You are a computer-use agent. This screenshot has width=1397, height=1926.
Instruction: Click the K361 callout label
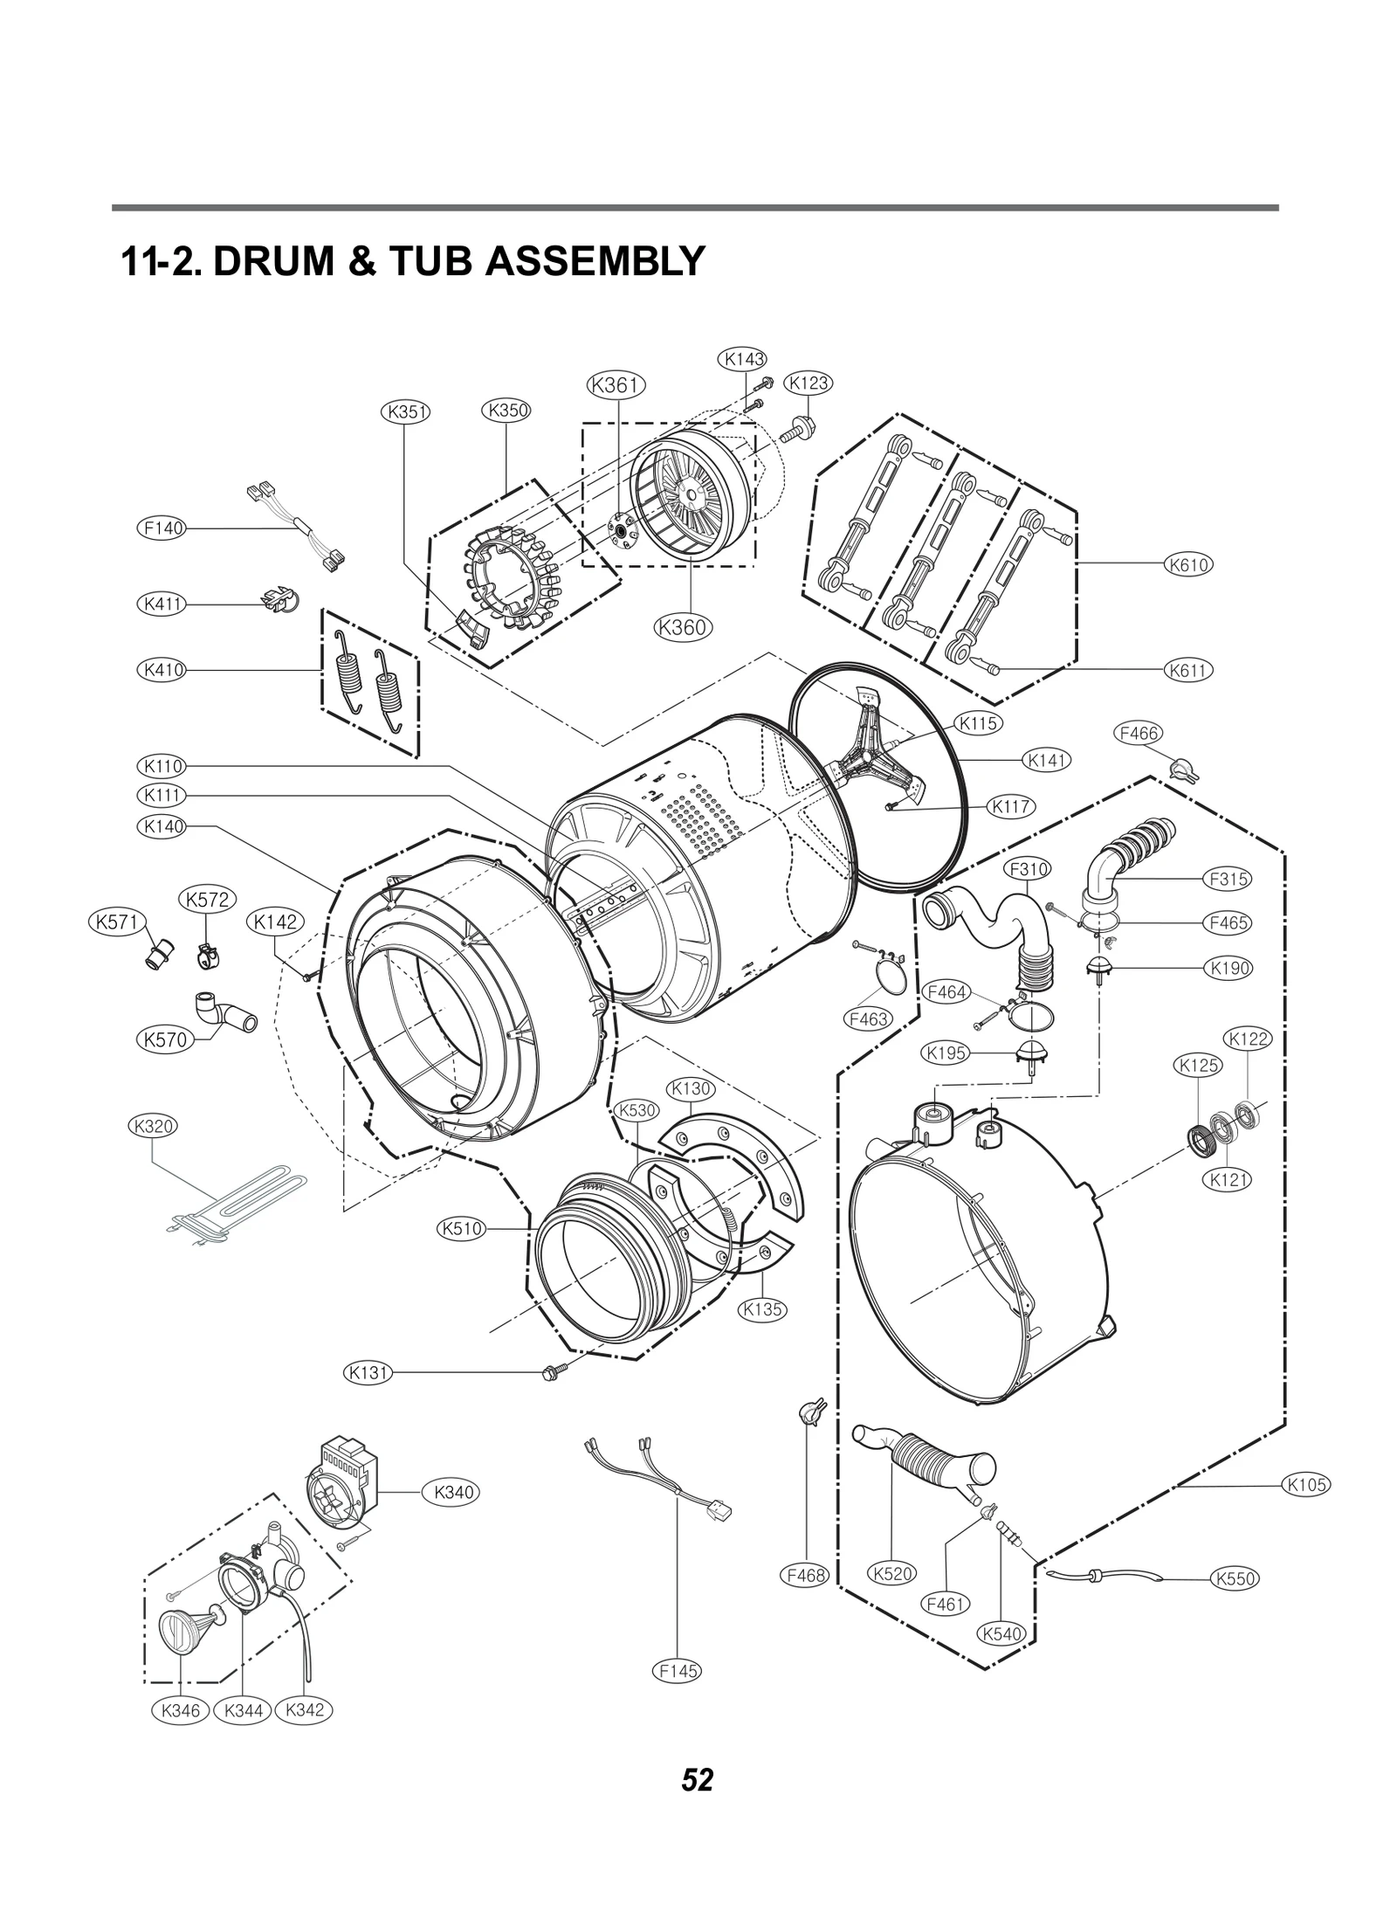[616, 385]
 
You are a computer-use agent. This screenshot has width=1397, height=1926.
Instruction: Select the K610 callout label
[1189, 564]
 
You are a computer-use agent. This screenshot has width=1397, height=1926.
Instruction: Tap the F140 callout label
[162, 528]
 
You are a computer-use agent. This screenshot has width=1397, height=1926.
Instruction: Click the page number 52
[698, 1779]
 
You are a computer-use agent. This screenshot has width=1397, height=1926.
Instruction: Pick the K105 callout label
[1306, 1484]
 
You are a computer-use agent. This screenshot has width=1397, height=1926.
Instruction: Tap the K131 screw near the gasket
[554, 1372]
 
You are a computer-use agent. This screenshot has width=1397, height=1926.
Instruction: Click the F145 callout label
[678, 1671]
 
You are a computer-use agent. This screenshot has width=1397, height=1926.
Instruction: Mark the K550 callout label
[1235, 1578]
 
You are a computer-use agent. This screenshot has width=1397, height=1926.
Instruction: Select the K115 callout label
[978, 723]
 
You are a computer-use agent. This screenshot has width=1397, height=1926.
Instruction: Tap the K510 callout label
[461, 1229]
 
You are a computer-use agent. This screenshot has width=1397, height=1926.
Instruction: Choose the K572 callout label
[208, 900]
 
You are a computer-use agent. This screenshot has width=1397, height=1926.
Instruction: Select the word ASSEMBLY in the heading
[593, 260]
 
